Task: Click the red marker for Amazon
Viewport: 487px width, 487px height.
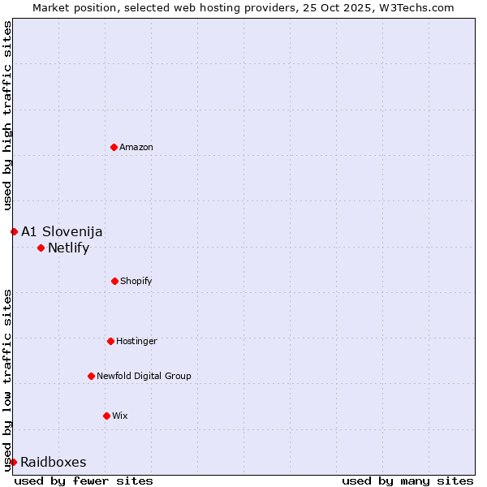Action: coord(114,147)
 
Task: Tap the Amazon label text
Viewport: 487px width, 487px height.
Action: coord(136,147)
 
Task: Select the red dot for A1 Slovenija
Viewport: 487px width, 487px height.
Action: coord(14,231)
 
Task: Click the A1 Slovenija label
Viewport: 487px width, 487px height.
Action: coord(62,231)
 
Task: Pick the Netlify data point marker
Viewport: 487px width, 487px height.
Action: coord(41,248)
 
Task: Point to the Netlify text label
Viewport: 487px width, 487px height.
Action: coord(68,248)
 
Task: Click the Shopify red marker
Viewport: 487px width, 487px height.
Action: coord(114,281)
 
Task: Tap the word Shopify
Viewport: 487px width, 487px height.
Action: coord(136,281)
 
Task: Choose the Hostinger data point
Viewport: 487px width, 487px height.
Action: coord(110,341)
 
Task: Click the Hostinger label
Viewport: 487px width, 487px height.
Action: coord(136,341)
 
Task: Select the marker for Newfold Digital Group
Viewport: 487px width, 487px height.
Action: coord(91,376)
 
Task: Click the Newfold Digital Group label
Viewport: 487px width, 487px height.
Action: coord(144,376)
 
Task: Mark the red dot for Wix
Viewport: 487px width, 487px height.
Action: coord(106,416)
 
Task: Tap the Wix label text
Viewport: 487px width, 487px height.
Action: coord(120,416)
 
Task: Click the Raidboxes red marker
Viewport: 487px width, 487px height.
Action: coord(13,462)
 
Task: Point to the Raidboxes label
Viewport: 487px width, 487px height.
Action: coord(54,462)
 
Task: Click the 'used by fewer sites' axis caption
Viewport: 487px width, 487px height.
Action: coord(84,481)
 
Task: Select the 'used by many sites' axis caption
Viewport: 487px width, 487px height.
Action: coord(407,481)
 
